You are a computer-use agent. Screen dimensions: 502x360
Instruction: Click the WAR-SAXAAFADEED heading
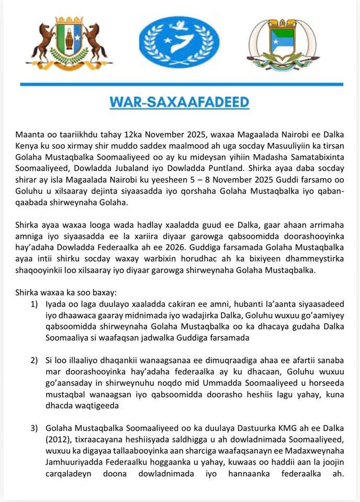tap(179, 102)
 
